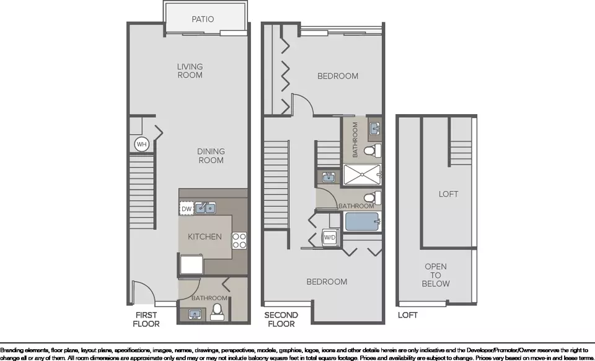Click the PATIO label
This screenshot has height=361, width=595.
click(x=203, y=19)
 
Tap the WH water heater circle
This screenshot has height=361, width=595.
click(x=141, y=145)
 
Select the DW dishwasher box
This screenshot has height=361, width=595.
click(x=187, y=208)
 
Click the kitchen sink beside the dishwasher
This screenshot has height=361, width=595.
click(x=205, y=208)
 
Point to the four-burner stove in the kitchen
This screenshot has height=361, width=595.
click(x=239, y=240)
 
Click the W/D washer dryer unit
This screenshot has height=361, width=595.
click(x=329, y=238)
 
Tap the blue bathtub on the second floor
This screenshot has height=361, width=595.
click(x=362, y=221)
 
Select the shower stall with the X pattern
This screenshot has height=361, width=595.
click(x=362, y=175)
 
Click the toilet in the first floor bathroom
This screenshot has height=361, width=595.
click(x=217, y=312)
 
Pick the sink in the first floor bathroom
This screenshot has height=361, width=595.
click(x=195, y=314)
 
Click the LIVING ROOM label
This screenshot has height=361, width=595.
click(x=190, y=71)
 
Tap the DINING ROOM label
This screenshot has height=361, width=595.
click(x=211, y=156)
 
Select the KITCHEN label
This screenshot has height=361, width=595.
click(x=205, y=236)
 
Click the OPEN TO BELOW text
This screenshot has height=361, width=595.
click(x=436, y=275)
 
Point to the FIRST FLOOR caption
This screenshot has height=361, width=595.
click(x=146, y=319)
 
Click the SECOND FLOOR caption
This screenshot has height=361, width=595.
click(x=281, y=319)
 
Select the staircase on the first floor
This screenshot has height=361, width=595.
click(x=142, y=192)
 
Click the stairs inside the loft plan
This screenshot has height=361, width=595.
click(x=461, y=153)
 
